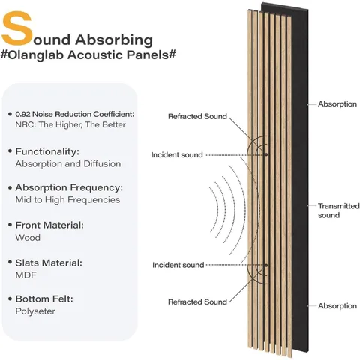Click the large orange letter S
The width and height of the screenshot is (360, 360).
coord(17,28)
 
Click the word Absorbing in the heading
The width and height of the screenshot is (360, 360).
coord(114,40)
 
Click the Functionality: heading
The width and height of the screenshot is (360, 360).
coord(47,151)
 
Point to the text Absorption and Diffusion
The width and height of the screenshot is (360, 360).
coord(68,164)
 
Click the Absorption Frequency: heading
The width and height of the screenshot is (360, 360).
coord(69,187)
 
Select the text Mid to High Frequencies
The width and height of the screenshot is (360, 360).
coord(67,200)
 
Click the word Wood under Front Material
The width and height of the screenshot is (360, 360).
coord(28,238)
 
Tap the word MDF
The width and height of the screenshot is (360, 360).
coord(25,275)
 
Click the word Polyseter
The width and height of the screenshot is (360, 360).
coord(35,311)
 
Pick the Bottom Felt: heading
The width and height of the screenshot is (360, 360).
coord(44,298)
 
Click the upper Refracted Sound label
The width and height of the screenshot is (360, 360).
coord(197,116)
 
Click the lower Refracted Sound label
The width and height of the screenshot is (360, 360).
coord(197,301)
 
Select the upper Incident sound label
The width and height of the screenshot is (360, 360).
coord(177,155)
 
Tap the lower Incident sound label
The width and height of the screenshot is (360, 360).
coord(178,265)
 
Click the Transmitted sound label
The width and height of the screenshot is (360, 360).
coord(339,211)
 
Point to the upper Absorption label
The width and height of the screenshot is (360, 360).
coord(337,104)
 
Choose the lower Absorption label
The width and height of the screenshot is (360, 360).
coord(337,306)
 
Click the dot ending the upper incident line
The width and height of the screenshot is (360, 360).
coord(266,154)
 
